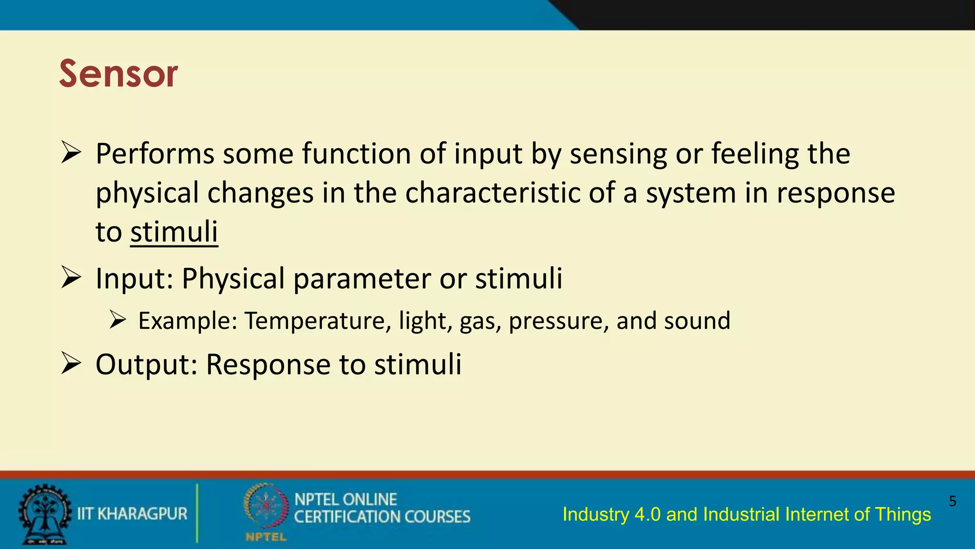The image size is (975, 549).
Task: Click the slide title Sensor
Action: click(x=118, y=74)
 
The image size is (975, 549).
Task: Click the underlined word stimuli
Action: click(x=174, y=232)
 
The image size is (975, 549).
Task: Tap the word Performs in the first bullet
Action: click(x=155, y=154)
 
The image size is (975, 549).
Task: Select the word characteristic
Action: click(x=493, y=193)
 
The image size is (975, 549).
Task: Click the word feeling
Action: click(x=755, y=154)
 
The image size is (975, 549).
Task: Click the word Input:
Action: click(x=134, y=279)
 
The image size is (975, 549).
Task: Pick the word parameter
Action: click(x=362, y=279)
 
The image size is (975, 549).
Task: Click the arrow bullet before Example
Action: click(x=117, y=319)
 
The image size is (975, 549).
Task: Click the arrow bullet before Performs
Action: click(x=71, y=153)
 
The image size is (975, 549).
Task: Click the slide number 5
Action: click(x=952, y=501)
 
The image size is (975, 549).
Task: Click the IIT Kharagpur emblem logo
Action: click(x=44, y=514)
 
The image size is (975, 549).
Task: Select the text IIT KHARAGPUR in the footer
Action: click(x=132, y=514)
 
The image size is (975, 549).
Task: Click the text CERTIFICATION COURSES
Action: click(x=382, y=517)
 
